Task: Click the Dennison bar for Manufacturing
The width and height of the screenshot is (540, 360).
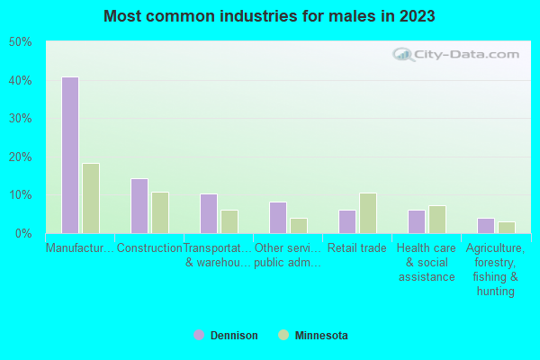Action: point(69,155)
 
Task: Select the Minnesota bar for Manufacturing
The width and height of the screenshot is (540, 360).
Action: point(91,198)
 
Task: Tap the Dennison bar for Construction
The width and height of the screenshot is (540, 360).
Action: point(139,205)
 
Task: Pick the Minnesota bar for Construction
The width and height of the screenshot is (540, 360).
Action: point(160,212)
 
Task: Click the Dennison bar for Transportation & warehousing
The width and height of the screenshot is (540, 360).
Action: point(208,213)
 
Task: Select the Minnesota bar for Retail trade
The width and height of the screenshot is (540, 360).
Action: point(368,213)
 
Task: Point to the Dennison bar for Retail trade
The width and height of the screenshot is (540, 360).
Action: point(346,221)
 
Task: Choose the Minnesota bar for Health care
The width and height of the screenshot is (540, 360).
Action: point(437,220)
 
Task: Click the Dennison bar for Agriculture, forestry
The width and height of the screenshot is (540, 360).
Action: point(485,225)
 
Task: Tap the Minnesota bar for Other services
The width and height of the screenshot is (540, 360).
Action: point(299,225)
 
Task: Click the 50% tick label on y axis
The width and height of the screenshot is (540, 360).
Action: point(20,42)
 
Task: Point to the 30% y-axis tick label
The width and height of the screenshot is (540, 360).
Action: point(20,119)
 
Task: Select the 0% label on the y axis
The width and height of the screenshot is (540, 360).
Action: point(23,233)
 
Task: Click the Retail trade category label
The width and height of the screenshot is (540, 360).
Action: point(357,248)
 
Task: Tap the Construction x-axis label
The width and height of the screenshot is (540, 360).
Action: point(149,248)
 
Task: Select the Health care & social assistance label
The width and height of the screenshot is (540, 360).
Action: point(427,262)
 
